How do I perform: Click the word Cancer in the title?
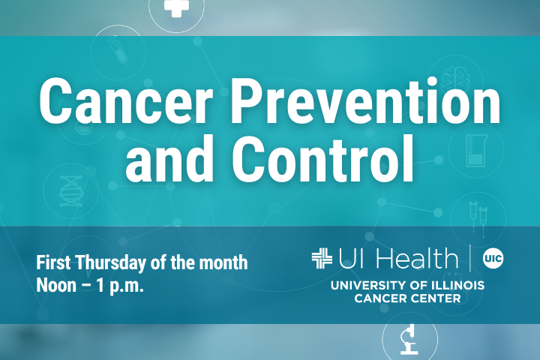pyautogui.click(x=126, y=100)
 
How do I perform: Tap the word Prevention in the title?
pyautogui.click(x=365, y=100)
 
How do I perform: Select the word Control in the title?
pyautogui.click(x=322, y=159)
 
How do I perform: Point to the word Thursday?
pyautogui.click(x=111, y=262)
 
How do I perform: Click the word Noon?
pyautogui.click(x=56, y=285)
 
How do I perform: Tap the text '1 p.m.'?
pyautogui.click(x=119, y=286)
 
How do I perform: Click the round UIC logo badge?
pyautogui.click(x=493, y=258)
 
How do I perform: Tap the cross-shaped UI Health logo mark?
pyautogui.click(x=322, y=258)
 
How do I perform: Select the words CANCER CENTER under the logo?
pyautogui.click(x=407, y=298)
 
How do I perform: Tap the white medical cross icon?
pyautogui.click(x=176, y=7)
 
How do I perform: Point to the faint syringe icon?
pyautogui.click(x=118, y=52)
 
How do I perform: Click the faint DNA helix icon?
pyautogui.click(x=71, y=191)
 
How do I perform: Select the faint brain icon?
pyautogui.click(x=455, y=79)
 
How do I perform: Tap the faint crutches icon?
pyautogui.click(x=478, y=219)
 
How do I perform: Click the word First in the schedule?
pyautogui.click(x=53, y=262)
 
